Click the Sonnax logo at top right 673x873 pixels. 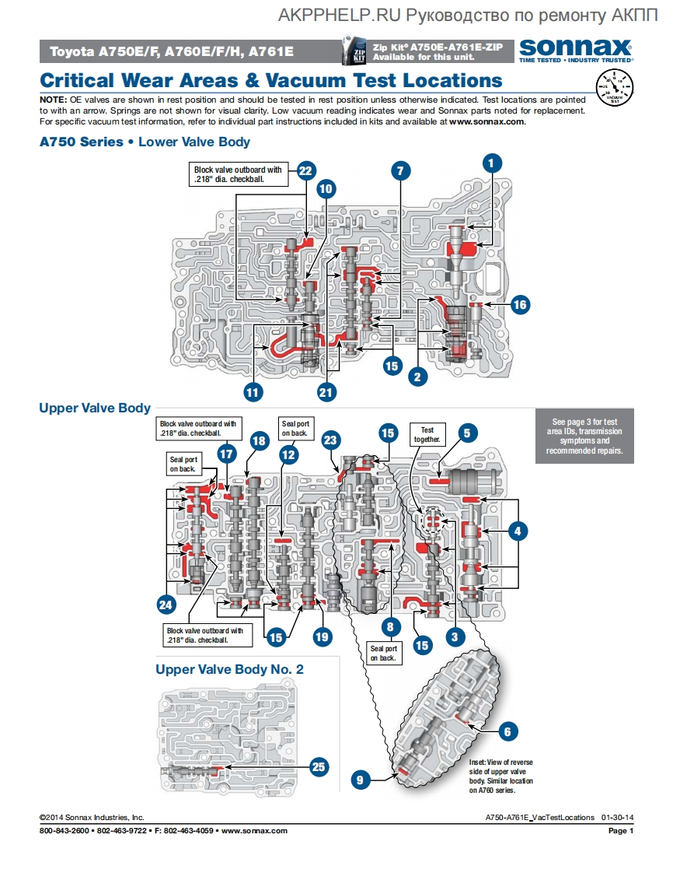(x=575, y=48)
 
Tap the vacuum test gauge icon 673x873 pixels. (x=614, y=86)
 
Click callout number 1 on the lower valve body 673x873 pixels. (x=492, y=163)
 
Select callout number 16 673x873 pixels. (x=520, y=305)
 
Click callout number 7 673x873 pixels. (x=400, y=171)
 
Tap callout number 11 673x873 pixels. (x=252, y=393)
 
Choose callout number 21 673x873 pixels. (x=326, y=393)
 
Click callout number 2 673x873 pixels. (x=418, y=377)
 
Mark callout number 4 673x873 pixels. (x=518, y=531)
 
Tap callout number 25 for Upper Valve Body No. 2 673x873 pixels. (x=318, y=766)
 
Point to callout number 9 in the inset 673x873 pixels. (x=359, y=779)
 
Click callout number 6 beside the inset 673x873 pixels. (x=507, y=731)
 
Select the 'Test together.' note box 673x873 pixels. (x=427, y=434)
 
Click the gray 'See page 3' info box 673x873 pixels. (x=584, y=436)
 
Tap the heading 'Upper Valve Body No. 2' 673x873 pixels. (x=229, y=669)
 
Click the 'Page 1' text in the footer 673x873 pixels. (x=622, y=831)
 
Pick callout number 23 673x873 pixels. (x=331, y=440)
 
